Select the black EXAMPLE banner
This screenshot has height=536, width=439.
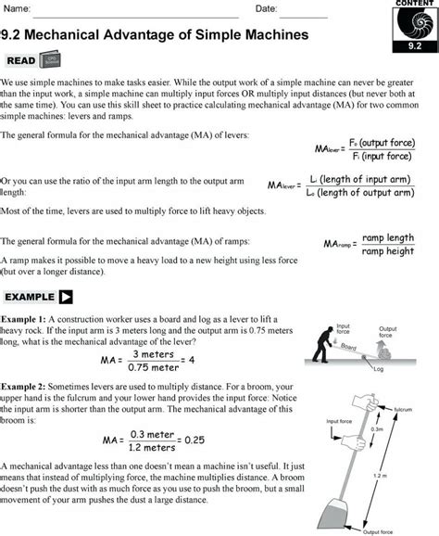pos(38,297)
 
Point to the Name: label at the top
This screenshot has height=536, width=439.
pos(18,8)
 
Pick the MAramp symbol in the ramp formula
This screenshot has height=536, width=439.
pos(340,245)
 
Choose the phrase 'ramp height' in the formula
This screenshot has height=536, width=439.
pos(388,252)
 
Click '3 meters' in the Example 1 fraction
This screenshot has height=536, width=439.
pos(153,353)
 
